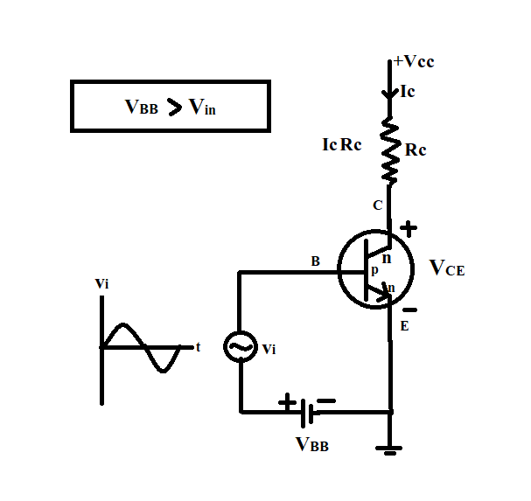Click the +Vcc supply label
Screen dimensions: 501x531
coord(414,62)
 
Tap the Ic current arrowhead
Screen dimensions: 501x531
coord(389,92)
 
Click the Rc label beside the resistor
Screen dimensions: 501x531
coord(416,150)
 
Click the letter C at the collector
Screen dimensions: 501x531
coord(378,206)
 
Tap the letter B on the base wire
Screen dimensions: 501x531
coord(316,261)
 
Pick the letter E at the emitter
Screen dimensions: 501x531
coord(404,327)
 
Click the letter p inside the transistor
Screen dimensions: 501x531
coord(374,270)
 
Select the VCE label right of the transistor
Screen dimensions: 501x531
coord(447,268)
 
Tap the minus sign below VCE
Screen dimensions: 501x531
coord(409,309)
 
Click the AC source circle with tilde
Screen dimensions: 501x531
coord(240,347)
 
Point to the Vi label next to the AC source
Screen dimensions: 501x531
coord(269,349)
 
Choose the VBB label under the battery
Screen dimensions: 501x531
coord(312,443)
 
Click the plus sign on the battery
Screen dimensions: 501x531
coord(287,403)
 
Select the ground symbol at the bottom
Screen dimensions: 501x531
coord(390,450)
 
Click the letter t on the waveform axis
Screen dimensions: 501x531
coord(199,347)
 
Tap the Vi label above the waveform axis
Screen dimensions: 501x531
coord(101,284)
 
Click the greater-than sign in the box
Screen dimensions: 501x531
coord(175,108)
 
